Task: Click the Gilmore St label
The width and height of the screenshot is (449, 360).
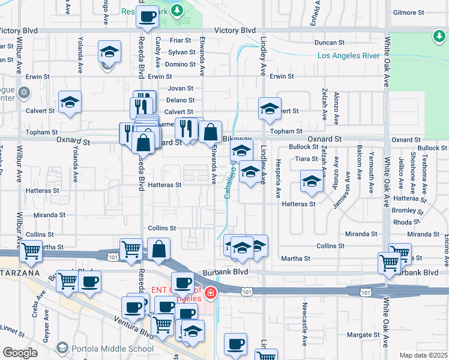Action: (408, 12)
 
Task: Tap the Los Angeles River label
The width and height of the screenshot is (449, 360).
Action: (348, 56)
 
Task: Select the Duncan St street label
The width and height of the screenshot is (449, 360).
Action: (330, 43)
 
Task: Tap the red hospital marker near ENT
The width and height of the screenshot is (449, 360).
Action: (210, 293)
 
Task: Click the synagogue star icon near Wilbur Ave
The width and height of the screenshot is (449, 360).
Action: (23, 93)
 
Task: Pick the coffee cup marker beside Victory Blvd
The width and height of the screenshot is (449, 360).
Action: (147, 17)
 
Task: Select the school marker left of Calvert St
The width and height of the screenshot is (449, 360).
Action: (70, 102)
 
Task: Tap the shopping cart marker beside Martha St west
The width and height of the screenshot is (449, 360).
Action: (30, 252)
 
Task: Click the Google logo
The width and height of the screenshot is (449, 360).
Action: (20, 352)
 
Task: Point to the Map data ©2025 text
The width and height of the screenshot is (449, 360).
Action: (423, 355)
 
